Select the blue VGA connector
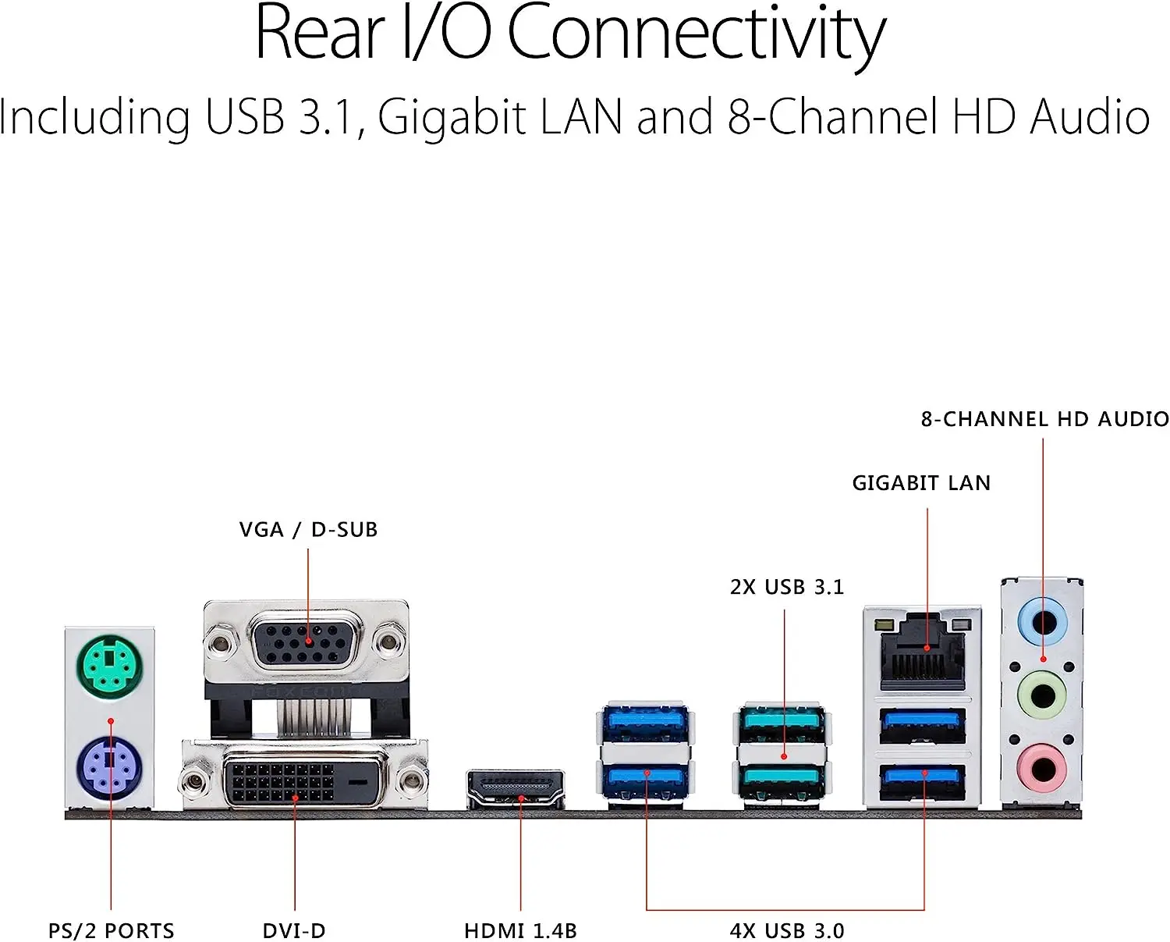tap(306, 641)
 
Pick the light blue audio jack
tap(1043, 623)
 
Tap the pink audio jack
tap(1043, 768)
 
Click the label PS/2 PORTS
tap(111, 930)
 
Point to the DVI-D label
tap(294, 930)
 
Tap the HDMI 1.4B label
tap(520, 930)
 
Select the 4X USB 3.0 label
tap(787, 930)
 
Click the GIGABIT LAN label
tap(921, 483)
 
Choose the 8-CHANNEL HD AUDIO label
tap(1044, 419)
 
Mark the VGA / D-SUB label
tap(308, 530)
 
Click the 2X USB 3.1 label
tap(786, 587)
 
